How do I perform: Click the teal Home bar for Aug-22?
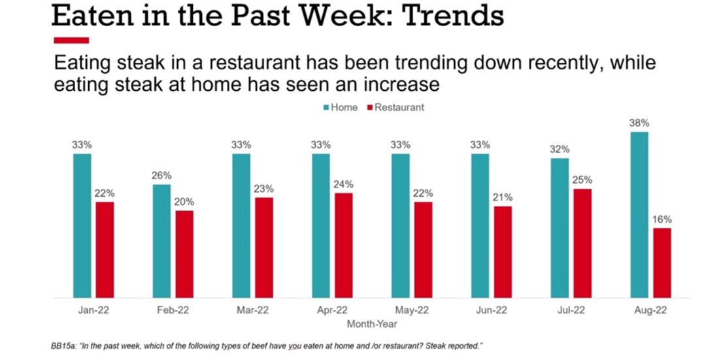click(x=639, y=215)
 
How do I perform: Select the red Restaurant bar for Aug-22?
click(x=662, y=263)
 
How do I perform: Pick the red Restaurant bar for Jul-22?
click(x=582, y=244)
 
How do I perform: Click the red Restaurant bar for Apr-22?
click(x=344, y=246)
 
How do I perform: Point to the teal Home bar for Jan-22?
click(x=82, y=226)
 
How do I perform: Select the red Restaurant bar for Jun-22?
click(x=503, y=252)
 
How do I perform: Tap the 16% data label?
click(x=662, y=220)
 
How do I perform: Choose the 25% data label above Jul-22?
click(x=582, y=180)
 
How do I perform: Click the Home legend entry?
click(x=340, y=107)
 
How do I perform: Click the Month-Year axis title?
click(x=372, y=323)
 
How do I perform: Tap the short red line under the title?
click(x=70, y=41)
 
